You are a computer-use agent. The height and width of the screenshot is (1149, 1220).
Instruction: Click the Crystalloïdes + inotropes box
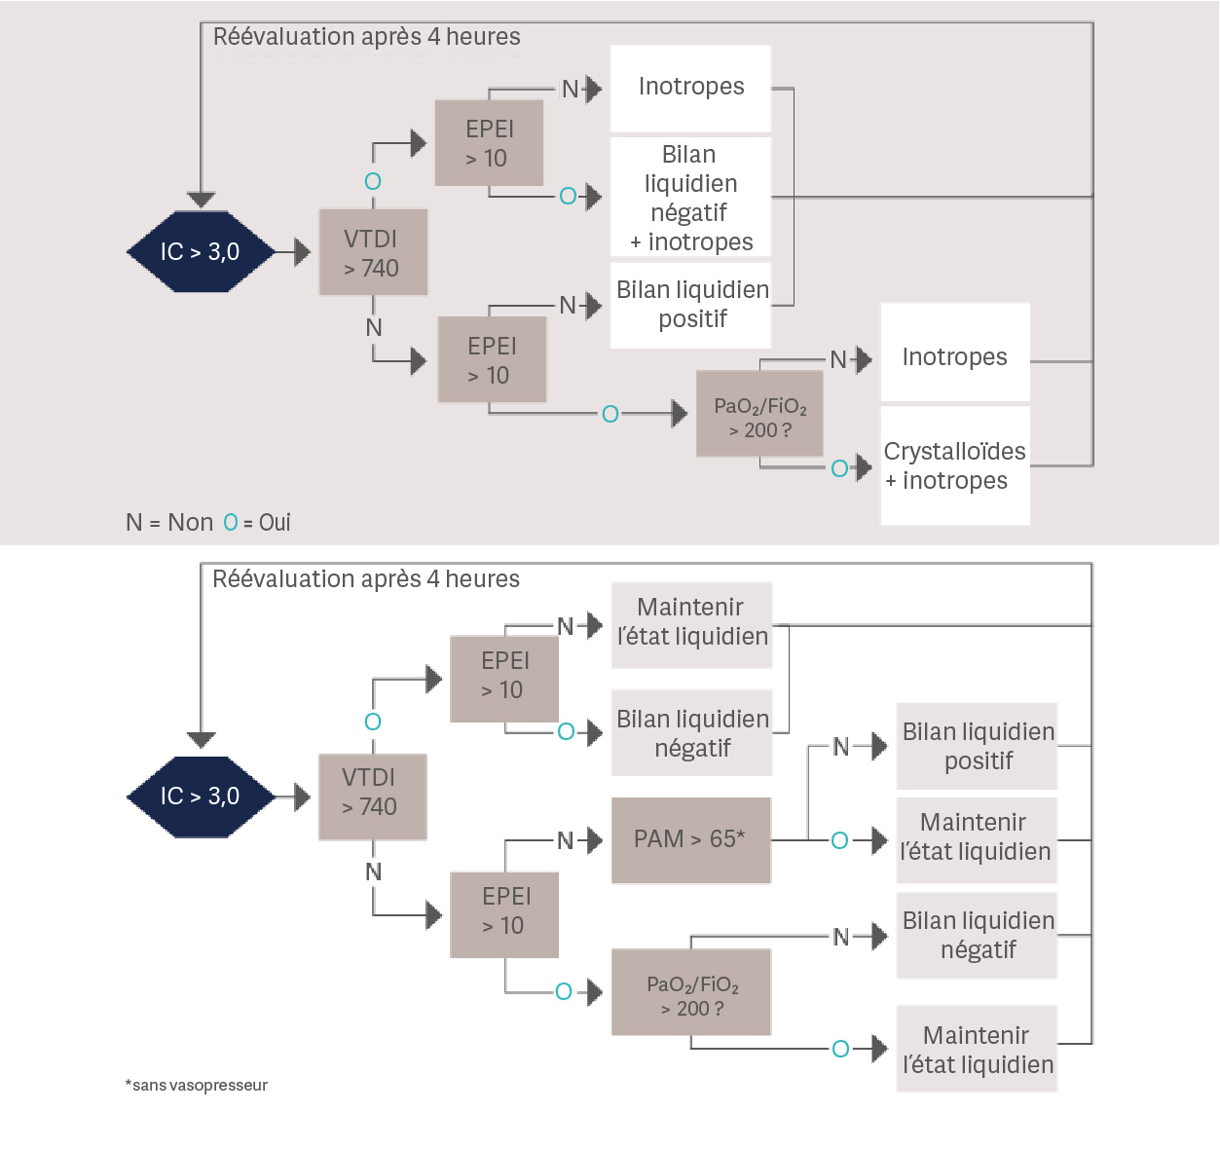pos(954,466)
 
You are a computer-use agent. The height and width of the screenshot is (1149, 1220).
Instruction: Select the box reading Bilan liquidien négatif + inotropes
pos(690,199)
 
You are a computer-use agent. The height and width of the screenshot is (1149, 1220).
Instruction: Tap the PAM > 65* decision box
pos(690,839)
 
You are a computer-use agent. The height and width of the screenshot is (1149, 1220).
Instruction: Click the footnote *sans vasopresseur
pos(196,1085)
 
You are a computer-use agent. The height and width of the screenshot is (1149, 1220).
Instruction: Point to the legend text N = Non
pos(169,523)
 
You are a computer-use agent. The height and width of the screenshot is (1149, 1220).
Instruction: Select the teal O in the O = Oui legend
pos(231,523)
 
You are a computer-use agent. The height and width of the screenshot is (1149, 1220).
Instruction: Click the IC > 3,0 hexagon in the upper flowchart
pos(201,252)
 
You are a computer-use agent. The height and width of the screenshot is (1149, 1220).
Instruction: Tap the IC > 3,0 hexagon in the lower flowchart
pos(201,797)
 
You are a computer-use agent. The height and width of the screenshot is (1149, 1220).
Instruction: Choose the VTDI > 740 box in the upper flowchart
pos(373,253)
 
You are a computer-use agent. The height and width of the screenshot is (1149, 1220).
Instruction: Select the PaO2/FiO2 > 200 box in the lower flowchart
pos(691,993)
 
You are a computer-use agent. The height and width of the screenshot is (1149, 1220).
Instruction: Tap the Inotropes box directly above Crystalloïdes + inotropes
pos(954,356)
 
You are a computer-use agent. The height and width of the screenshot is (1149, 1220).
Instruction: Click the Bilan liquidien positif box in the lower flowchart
pos(977,747)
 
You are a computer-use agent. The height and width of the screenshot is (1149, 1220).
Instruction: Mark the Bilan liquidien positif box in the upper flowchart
pos(691,305)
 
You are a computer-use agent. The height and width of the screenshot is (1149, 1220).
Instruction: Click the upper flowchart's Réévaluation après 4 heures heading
pos(366,37)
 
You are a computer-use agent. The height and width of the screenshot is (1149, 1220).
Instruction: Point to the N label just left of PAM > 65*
pos(565,840)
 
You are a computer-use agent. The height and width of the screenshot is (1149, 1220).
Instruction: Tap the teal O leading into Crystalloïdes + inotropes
pos(839,468)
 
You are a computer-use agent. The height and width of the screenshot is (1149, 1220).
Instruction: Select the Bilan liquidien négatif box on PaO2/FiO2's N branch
pos(977,936)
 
